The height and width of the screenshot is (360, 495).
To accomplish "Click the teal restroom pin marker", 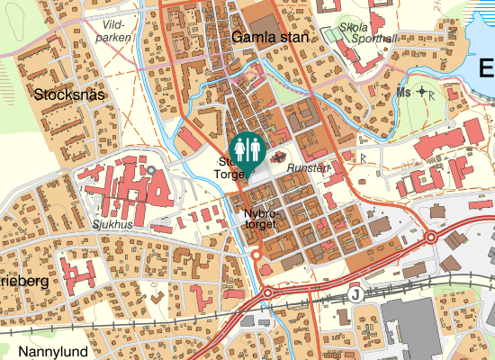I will pyautogui.click(x=246, y=148).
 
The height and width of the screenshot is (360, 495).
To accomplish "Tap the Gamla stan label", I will pyautogui.click(x=269, y=38).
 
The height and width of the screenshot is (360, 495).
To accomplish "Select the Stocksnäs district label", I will pyautogui.click(x=70, y=94).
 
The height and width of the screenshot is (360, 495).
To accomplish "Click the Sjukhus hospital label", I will pyautogui.click(x=112, y=224).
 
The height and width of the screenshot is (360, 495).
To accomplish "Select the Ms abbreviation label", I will pyautogui.click(x=402, y=93).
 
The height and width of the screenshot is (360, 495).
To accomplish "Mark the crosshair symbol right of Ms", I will pyautogui.click(x=421, y=93).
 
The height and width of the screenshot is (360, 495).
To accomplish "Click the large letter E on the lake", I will pyautogui.click(x=486, y=67).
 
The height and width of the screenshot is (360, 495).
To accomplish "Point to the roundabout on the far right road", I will pyautogui.click(x=431, y=237).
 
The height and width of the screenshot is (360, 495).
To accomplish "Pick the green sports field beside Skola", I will pyautogui.click(x=333, y=35).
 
